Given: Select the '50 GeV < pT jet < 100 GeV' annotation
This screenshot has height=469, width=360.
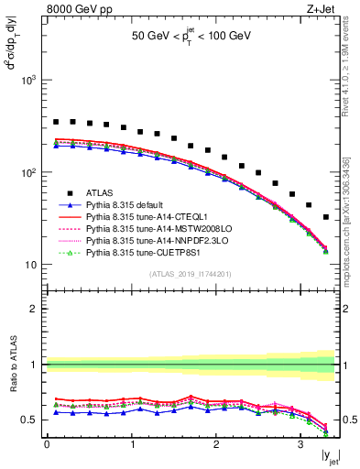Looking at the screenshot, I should click(191, 39).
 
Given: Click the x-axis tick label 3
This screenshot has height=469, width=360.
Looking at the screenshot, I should click(301, 445).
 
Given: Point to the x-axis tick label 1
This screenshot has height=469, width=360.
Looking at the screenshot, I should click(131, 445).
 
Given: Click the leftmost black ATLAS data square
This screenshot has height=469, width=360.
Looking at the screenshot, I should click(55, 122).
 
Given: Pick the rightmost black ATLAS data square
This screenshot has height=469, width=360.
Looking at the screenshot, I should click(326, 217).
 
